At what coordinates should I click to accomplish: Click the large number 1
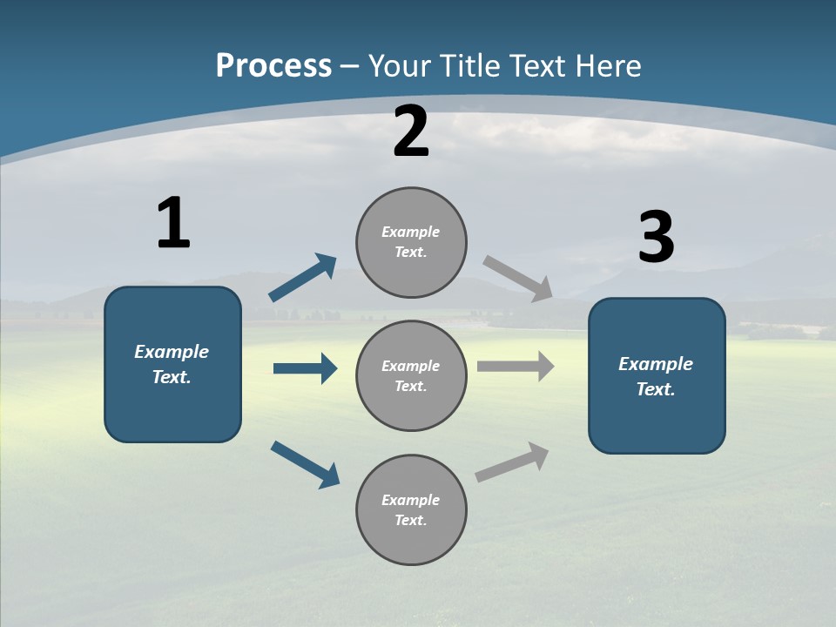coord(173,223)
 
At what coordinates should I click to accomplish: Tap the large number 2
coord(411,131)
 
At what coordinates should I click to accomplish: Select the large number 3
coord(656,237)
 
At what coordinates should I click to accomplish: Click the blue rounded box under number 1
coord(172,364)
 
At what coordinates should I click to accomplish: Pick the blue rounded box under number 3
coord(657,375)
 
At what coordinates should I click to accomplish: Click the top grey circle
coord(411,242)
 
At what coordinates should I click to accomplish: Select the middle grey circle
coord(411,375)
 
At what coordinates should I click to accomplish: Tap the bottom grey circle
coord(411,509)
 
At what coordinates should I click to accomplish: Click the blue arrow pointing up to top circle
coord(303,278)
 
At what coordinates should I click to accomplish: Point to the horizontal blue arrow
coord(305,368)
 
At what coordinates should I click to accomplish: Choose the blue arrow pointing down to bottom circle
coord(306,464)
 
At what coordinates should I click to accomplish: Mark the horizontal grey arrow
coord(516,367)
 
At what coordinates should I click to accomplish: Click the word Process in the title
coord(273,65)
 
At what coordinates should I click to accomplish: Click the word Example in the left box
coord(172,352)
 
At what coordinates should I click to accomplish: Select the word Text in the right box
coord(654,389)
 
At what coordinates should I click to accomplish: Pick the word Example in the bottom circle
coord(410,500)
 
